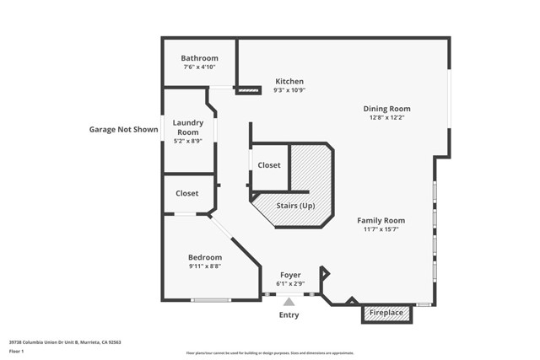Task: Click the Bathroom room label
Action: pos(199,58)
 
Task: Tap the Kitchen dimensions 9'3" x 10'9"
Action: pos(289,90)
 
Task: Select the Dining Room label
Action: pos(386,108)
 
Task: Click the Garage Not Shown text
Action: pos(124,130)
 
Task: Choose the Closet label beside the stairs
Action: pos(269,165)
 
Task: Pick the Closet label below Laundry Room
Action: pos(187,193)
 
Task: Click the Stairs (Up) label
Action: pos(295,205)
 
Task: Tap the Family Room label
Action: pos(381,220)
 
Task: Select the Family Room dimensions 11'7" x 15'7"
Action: pos(381,229)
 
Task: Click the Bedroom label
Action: pos(205,257)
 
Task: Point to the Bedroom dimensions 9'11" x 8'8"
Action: pos(205,266)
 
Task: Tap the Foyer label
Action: pos(290,275)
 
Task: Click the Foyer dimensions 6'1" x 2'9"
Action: pos(290,284)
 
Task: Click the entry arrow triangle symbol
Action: pos(289,301)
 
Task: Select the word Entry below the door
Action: pos(289,315)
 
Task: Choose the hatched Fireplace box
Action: pos(387,314)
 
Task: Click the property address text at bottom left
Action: pos(65,342)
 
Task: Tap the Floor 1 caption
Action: pos(17,351)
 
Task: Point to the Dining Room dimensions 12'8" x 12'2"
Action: pos(386,117)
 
